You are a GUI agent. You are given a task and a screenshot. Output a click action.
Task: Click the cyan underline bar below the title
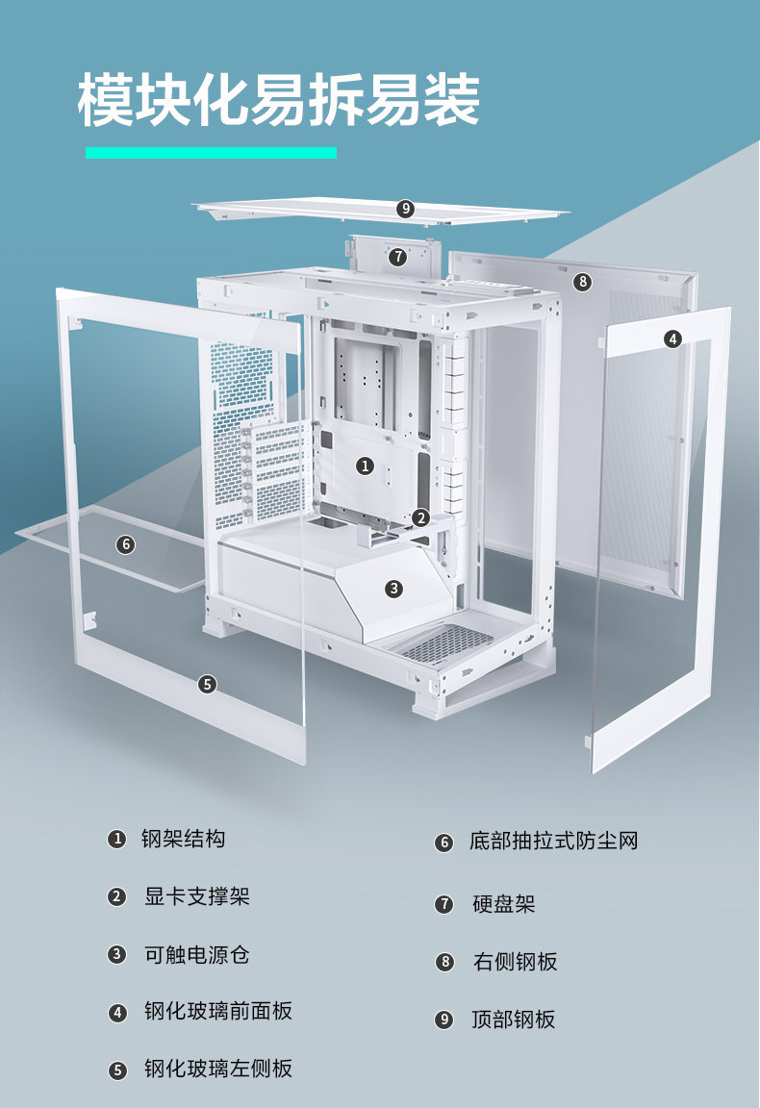211,152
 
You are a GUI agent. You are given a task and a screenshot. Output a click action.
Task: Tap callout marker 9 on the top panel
405,208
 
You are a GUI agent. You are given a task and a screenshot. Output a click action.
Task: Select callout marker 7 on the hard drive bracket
398,257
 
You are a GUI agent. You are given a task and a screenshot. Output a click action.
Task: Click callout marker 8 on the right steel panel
581,282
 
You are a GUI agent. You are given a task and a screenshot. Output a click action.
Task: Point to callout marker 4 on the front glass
672,338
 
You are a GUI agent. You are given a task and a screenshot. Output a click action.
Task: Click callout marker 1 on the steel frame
365,466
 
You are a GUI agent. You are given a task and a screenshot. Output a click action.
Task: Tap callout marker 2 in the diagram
420,517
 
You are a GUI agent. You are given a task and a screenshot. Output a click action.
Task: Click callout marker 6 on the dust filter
125,544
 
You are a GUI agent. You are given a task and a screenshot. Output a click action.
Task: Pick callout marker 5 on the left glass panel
208,684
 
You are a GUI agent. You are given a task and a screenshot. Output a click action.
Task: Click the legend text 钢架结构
183,839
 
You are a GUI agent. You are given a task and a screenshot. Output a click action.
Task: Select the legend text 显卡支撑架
196,896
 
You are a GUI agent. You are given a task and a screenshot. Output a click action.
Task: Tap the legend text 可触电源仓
196,954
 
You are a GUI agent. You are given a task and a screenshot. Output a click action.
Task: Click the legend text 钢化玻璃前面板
217,1011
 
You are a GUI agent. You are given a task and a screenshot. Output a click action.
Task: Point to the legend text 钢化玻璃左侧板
217,1069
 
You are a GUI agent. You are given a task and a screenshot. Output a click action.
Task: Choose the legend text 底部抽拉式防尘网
553,842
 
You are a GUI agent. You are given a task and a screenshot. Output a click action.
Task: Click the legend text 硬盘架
503,904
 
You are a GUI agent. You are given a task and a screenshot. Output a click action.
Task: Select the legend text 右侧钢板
515,962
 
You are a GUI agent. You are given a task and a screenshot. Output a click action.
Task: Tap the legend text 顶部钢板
514,1020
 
